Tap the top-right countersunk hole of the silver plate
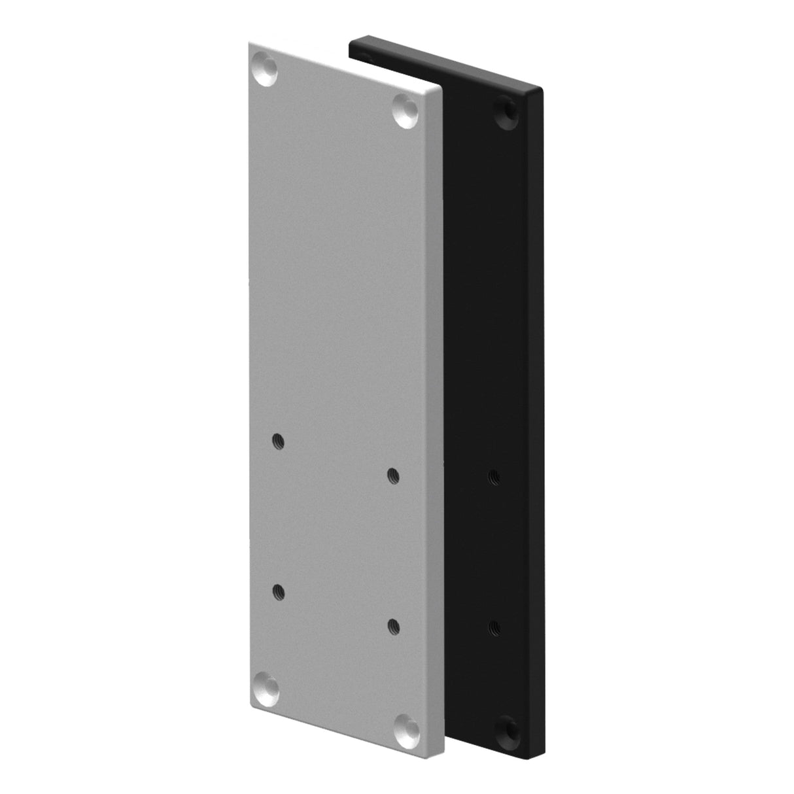[x=406, y=111]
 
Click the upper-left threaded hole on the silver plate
[x=278, y=441]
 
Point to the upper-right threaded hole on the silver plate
[x=392, y=475]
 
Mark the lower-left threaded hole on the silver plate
[x=278, y=592]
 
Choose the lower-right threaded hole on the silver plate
[x=393, y=626]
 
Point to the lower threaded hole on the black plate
[x=494, y=627]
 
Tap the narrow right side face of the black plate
[x=538, y=425]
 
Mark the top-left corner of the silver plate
[x=250, y=43]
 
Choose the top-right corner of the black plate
[x=543, y=89]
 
